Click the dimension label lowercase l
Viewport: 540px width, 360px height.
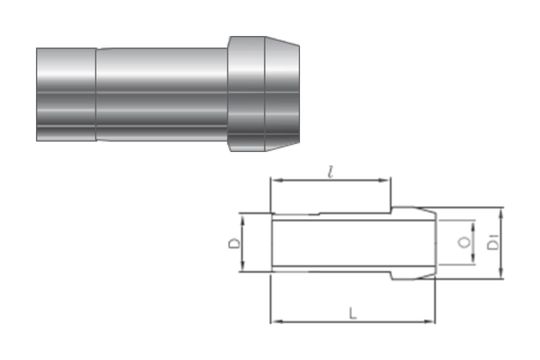(x=330, y=173)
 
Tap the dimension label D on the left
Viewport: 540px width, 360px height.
(x=232, y=243)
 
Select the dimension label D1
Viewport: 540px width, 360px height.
(x=491, y=243)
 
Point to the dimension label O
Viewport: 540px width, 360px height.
(x=461, y=243)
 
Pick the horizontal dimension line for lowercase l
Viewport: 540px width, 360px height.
(x=300, y=182)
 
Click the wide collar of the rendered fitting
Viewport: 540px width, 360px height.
(x=247, y=94)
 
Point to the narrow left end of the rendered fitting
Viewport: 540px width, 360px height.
(x=66, y=94)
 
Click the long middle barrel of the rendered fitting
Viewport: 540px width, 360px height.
(x=160, y=94)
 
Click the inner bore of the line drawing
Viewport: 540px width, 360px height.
(x=350, y=243)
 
